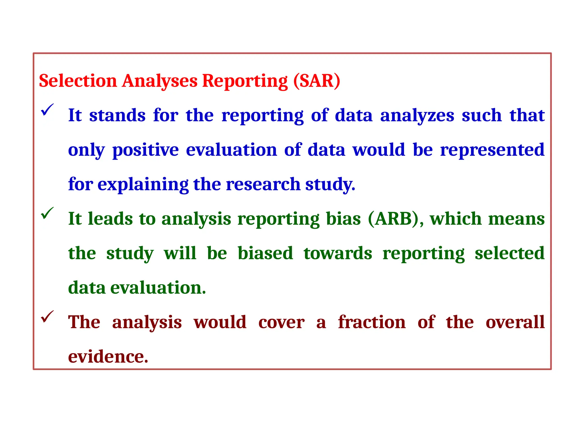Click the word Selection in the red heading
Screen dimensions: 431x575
[x=78, y=81]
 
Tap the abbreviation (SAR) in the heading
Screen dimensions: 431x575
[x=317, y=81]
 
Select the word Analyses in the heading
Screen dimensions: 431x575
[x=160, y=81]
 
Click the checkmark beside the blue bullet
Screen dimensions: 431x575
[x=47, y=110]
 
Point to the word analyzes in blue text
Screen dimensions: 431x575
[x=417, y=115]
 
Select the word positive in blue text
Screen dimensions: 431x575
[x=145, y=150]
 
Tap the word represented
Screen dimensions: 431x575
[x=492, y=150]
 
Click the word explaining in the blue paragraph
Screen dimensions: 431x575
[x=143, y=184]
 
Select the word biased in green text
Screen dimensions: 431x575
[x=265, y=253]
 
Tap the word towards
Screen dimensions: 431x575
[x=338, y=253]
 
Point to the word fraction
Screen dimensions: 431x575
[x=372, y=322]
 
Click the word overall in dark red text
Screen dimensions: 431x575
[x=515, y=322]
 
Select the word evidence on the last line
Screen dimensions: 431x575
[x=108, y=357]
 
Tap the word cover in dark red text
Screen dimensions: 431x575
[x=281, y=322]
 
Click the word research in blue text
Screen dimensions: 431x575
[x=263, y=184]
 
